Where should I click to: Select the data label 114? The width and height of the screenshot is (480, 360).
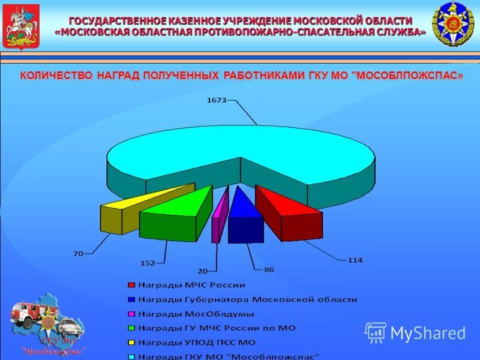click(355, 260)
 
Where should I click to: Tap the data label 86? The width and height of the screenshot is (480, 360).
click(269, 269)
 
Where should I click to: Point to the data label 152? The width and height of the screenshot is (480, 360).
click(148, 263)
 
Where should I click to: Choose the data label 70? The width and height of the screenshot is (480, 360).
click(78, 253)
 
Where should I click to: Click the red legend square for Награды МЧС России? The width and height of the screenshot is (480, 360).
click(130, 285)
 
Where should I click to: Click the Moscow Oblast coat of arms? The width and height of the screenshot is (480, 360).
click(21, 26)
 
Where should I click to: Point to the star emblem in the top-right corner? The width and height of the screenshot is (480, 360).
click(453, 24)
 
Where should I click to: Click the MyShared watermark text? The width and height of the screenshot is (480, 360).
click(427, 333)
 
